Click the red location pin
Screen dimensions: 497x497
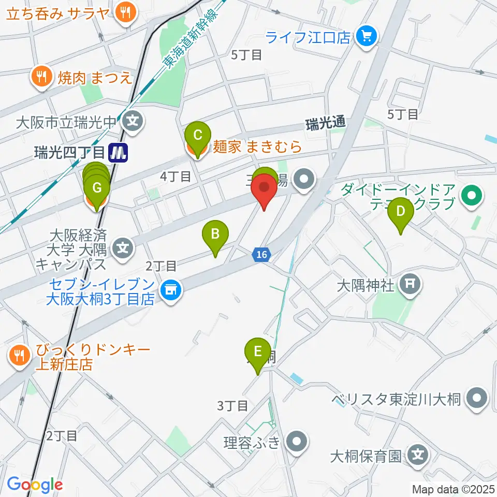[265, 190]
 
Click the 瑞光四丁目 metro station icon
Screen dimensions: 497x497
[119, 152]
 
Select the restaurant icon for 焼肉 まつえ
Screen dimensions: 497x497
[41, 77]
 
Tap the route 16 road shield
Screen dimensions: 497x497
[262, 254]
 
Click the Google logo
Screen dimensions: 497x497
[35, 485]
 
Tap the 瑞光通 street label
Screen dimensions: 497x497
[325, 124]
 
